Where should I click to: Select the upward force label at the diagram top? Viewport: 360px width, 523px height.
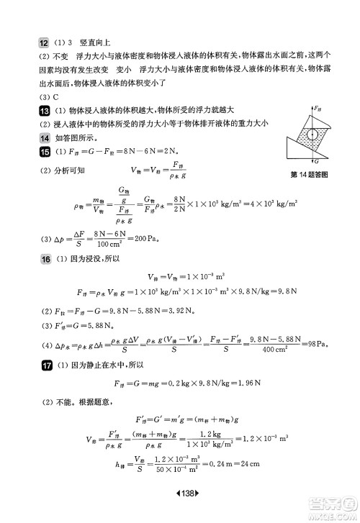coord(316,108)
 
